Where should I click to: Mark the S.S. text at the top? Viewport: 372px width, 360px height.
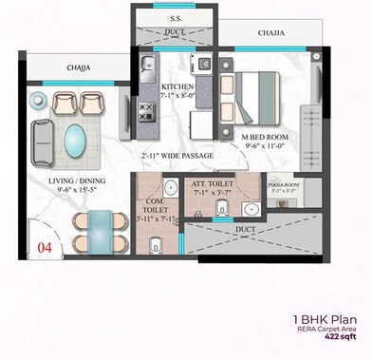point(177,18)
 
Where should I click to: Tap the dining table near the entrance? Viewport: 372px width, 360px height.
point(97,231)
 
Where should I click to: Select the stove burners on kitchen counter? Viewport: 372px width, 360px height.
point(146,111)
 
